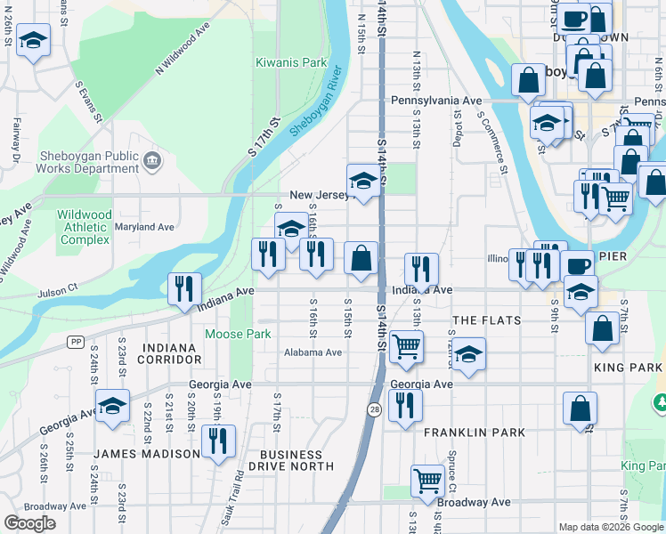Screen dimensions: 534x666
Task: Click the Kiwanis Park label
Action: point(291,63)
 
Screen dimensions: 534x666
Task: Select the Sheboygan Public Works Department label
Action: point(87,162)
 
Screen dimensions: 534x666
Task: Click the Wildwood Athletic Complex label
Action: point(85,227)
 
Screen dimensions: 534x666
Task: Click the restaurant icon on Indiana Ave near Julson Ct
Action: point(185,288)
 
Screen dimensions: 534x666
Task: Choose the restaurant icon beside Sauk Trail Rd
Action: point(217,441)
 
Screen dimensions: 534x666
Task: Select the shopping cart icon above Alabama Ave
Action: point(406,346)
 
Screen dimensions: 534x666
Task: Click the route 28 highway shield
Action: point(376,408)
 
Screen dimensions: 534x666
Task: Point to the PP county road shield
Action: point(76,342)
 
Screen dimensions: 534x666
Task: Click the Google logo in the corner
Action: point(29,523)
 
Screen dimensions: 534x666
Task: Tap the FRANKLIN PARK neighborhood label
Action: point(475,433)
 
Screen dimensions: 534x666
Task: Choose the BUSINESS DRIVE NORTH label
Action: point(291,459)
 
